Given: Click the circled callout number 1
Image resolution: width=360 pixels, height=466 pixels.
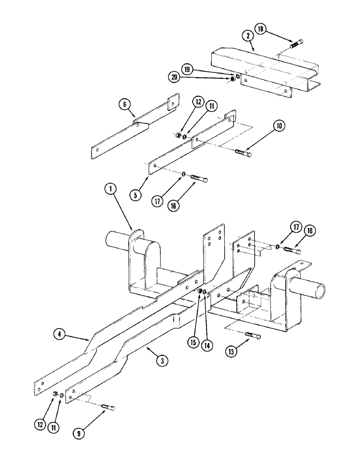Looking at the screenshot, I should pos(110,190).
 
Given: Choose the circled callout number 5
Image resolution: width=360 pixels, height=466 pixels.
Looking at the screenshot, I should pos(135,195).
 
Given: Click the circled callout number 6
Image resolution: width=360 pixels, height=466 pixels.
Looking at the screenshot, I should pos(125,105).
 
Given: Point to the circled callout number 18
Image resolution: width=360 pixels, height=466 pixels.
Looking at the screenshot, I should pos(260,29).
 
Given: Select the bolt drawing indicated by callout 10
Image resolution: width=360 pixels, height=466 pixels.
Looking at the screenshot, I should pos(243,153).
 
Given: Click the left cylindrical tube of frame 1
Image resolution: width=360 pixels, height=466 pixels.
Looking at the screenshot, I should pos(118,241).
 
